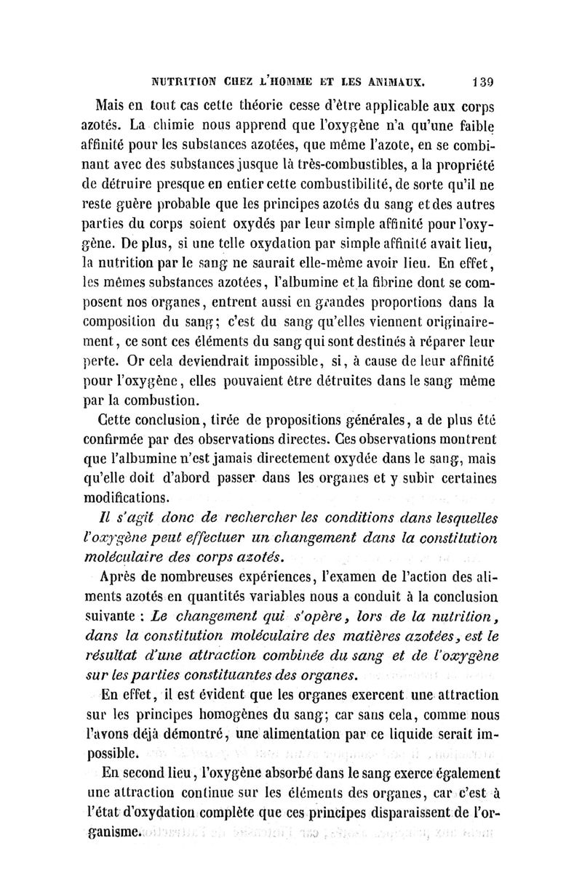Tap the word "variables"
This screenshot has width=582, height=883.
tap(274, 598)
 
